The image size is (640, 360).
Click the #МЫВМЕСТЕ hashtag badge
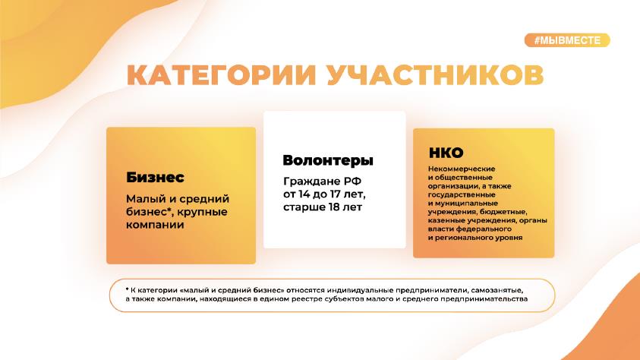(x=567, y=40)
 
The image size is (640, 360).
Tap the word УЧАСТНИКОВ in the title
(x=436, y=74)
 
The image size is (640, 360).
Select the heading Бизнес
(x=155, y=177)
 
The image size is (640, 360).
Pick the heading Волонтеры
(x=328, y=160)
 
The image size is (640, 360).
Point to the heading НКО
(x=446, y=153)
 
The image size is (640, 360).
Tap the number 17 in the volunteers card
(x=335, y=194)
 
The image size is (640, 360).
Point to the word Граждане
(x=311, y=182)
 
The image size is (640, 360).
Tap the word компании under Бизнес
(x=155, y=225)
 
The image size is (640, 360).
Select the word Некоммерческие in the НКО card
(x=462, y=169)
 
